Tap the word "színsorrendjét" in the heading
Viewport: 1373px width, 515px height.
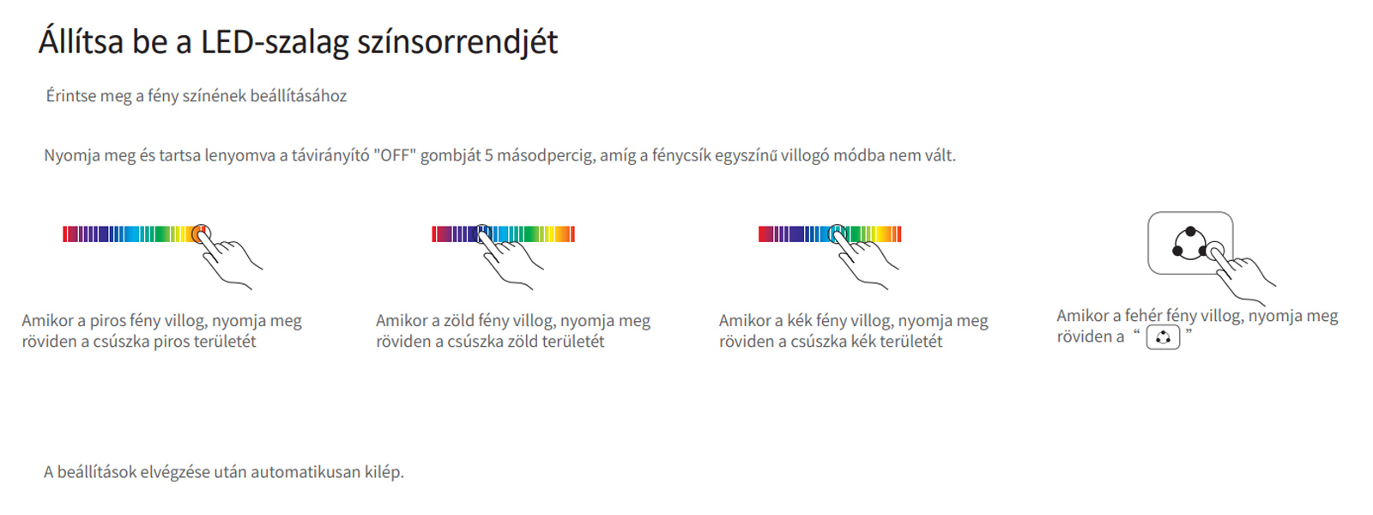(x=457, y=43)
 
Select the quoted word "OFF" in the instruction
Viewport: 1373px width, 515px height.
(x=395, y=155)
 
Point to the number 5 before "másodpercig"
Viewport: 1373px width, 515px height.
(x=488, y=155)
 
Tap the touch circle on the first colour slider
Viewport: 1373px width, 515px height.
(x=201, y=233)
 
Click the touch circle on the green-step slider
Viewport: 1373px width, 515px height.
(x=484, y=233)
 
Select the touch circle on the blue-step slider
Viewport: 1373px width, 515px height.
(x=838, y=233)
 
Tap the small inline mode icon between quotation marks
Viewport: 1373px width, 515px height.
(x=1163, y=338)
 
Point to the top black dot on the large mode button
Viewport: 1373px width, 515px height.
(x=1190, y=232)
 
